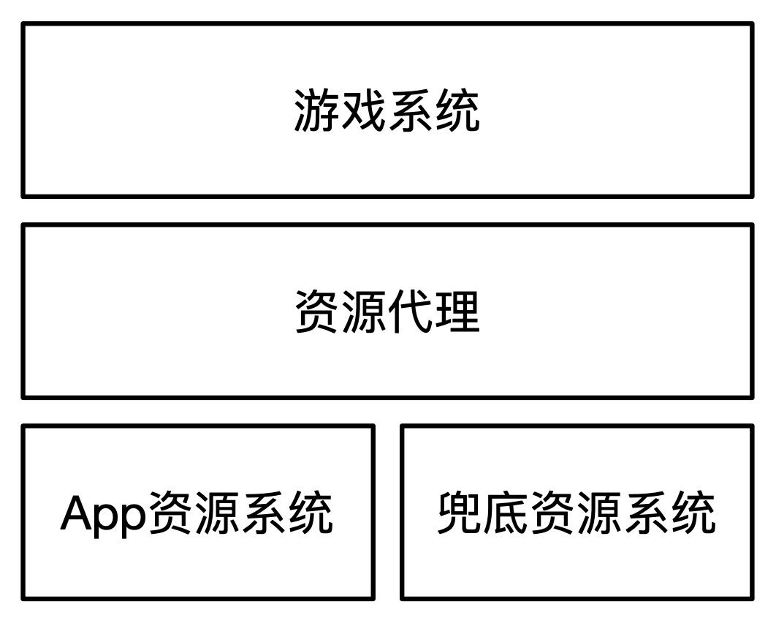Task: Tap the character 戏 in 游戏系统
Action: [363, 111]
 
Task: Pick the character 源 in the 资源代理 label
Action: [363, 312]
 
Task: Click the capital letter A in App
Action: [77, 513]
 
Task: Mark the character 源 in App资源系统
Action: [217, 513]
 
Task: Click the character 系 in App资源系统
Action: [264, 513]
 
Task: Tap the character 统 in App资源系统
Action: [311, 513]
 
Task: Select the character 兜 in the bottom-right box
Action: [460, 513]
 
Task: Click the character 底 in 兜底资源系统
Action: [506, 513]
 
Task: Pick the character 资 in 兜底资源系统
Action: [553, 513]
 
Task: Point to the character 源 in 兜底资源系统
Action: [600, 513]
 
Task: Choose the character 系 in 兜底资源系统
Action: [647, 513]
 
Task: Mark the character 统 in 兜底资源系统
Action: [693, 513]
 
